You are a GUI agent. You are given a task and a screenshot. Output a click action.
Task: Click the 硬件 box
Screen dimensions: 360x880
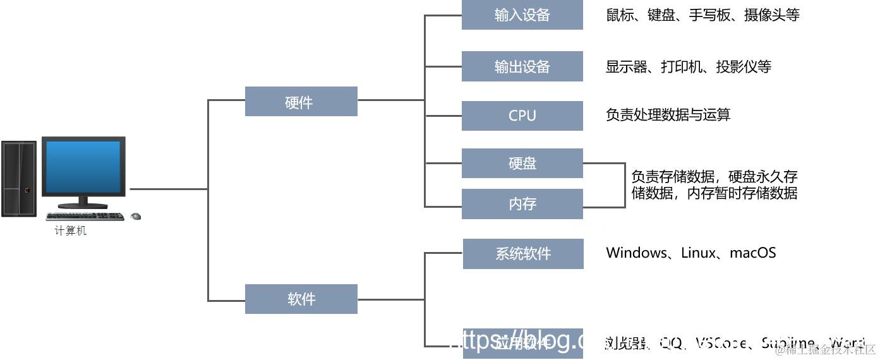[301, 102]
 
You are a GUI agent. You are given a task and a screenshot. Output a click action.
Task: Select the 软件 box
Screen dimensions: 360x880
[301, 299]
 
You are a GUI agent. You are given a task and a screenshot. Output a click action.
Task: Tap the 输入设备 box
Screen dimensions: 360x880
[522, 15]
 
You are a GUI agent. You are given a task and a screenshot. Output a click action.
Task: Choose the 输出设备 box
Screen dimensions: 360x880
[522, 66]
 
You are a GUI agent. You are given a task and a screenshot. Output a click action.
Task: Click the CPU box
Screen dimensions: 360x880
[522, 116]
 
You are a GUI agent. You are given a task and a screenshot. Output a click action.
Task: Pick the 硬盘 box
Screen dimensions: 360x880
[522, 164]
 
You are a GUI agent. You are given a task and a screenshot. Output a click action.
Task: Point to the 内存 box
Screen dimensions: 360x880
[522, 204]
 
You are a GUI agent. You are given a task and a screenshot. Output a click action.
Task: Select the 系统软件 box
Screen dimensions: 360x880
[522, 254]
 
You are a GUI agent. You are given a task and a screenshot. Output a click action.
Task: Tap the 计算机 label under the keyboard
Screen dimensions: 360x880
[70, 231]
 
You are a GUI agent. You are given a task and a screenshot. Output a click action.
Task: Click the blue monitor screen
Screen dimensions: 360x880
[83, 167]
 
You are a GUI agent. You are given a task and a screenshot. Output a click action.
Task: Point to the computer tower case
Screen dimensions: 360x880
[19, 179]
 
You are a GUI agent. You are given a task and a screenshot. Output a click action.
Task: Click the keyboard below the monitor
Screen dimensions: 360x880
[85, 216]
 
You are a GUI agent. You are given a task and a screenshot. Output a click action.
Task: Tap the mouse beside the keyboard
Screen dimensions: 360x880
[135, 217]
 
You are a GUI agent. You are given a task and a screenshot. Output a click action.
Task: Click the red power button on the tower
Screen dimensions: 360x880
[27, 190]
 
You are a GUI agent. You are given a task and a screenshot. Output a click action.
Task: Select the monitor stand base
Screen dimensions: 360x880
[83, 205]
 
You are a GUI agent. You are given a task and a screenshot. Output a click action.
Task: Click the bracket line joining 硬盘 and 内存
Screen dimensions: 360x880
[625, 185]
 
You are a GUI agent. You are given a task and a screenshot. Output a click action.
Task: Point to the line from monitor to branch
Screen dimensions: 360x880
[168, 189]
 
